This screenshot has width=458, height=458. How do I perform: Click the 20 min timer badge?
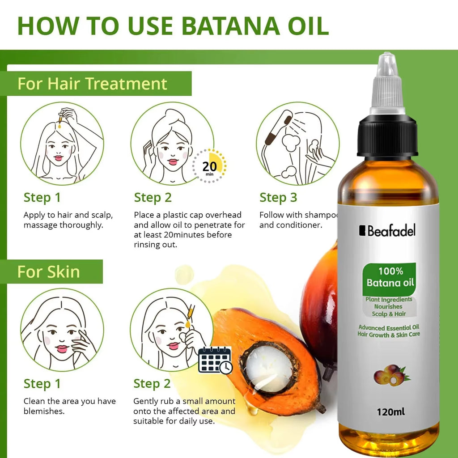pos(209,166)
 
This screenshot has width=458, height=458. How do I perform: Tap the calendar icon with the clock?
pos(215,360)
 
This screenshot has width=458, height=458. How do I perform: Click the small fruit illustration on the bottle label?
pos(390,376)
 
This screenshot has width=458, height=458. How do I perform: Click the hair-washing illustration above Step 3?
pos(297,143)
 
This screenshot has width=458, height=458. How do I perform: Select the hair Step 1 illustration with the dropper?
pos(62,143)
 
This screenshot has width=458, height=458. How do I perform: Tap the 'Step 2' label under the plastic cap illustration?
pos(153,198)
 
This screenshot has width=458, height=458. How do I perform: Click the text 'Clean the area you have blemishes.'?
pos(69,406)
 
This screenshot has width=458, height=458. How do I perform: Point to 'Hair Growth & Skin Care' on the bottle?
pos(389,334)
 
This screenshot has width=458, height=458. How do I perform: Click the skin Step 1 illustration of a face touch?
pos(62,329)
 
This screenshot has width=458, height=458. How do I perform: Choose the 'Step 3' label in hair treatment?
pos(278,198)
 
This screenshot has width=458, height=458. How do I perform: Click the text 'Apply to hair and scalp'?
pos(68,215)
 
